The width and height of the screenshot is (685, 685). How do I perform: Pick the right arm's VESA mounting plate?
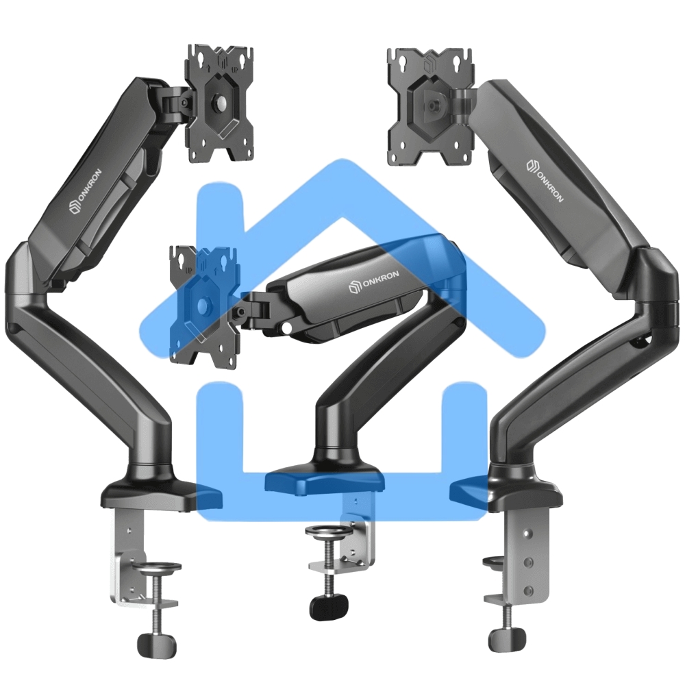pos(431,107)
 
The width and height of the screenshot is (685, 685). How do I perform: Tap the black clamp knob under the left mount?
pos(157,644)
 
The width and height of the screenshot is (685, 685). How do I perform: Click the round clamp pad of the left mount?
pos(156,566)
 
